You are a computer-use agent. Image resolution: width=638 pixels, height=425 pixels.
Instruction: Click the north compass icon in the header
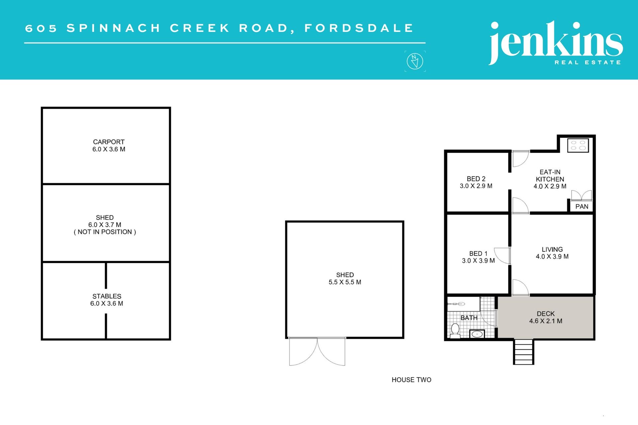pos(415,61)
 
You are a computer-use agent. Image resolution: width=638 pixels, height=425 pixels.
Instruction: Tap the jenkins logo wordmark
pos(556,42)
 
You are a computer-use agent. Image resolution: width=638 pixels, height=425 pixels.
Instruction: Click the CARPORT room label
pos(109,142)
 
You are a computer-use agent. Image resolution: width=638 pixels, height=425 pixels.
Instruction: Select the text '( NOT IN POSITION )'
pos(105,232)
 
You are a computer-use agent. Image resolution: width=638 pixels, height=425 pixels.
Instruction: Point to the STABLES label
pos(107,296)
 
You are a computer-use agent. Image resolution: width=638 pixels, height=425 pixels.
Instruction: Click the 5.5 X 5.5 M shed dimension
pos(345,282)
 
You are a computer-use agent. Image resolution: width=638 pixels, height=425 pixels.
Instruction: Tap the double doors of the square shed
pos(317,352)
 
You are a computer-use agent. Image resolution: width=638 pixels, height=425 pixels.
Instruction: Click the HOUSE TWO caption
pos(411,380)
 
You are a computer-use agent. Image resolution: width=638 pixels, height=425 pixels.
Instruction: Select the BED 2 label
pos(476,179)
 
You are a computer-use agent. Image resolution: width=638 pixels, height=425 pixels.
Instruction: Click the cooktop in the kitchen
pos(578,145)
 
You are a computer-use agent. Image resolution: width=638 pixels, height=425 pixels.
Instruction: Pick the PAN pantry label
pos(582,207)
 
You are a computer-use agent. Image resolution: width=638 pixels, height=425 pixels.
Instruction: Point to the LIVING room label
pos(552,249)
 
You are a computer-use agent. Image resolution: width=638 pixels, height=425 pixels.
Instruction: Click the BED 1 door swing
pos(502,256)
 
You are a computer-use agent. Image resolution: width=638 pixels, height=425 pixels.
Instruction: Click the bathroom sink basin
pos(477,334)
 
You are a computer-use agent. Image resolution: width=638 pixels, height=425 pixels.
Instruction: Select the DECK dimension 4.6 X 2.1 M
pos(546,321)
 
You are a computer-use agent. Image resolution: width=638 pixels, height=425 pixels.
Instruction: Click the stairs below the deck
pos(524,352)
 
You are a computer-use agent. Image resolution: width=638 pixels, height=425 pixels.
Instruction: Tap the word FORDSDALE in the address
pos(359,28)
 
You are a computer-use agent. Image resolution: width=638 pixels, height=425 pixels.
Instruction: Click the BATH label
pos(469,318)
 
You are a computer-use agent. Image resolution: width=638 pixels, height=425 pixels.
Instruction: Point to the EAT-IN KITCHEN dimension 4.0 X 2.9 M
pos(550,186)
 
